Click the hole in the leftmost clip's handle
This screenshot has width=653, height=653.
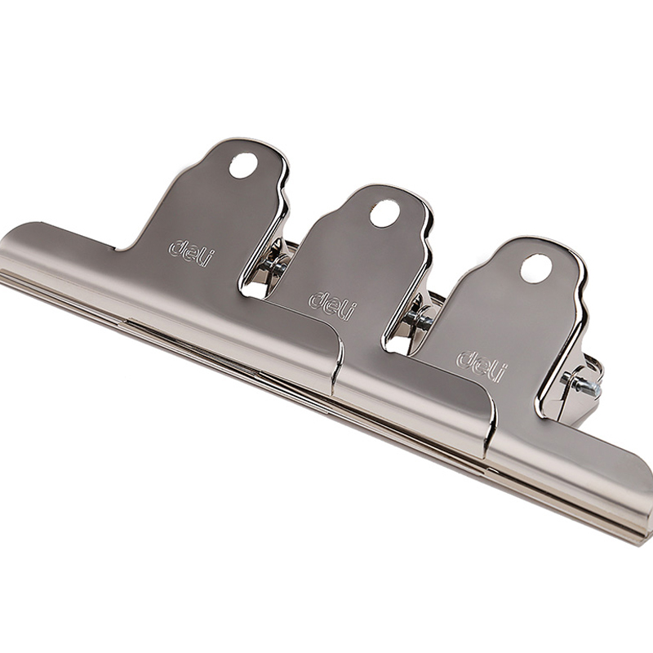243,166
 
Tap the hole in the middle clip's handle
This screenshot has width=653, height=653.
384,214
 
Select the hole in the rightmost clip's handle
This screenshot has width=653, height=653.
535,269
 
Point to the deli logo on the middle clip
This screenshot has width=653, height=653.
333,305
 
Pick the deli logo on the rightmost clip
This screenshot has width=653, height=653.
482,366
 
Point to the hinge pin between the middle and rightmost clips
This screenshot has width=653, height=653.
420,319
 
